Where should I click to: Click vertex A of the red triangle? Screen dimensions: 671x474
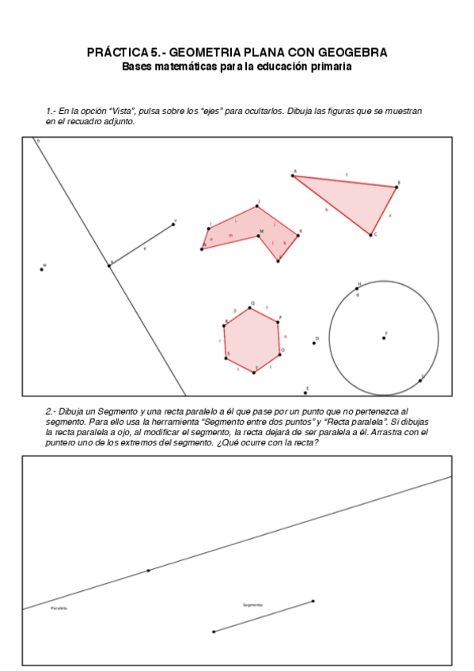coord(293,176)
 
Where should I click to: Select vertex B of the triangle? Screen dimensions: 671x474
coord(396,188)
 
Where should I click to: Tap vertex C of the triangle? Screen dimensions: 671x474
coord(370,234)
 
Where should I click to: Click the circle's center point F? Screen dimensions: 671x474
coord(384,338)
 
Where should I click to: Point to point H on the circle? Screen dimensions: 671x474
coord(357,288)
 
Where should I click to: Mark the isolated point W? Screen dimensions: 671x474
coord(42,270)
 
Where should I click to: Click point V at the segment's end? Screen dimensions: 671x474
coord(173,225)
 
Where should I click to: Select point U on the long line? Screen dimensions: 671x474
coord(109,265)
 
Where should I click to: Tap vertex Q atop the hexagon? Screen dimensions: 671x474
coord(250,308)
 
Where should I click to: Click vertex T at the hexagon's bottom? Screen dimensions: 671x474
coord(254,372)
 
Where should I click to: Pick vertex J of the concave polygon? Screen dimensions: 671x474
coord(257,207)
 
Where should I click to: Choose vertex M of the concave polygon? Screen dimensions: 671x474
coord(260,235)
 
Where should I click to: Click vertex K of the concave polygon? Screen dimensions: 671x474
coord(298,235)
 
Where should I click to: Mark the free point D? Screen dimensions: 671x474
coord(314,343)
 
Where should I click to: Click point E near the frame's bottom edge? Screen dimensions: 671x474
coord(305,392)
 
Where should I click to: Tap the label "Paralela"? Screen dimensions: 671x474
coord(59,608)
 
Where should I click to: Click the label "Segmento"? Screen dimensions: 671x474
coord(252,605)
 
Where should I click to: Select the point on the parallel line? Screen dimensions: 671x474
coord(148,570)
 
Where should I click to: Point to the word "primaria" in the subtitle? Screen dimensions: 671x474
coord(332,66)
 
